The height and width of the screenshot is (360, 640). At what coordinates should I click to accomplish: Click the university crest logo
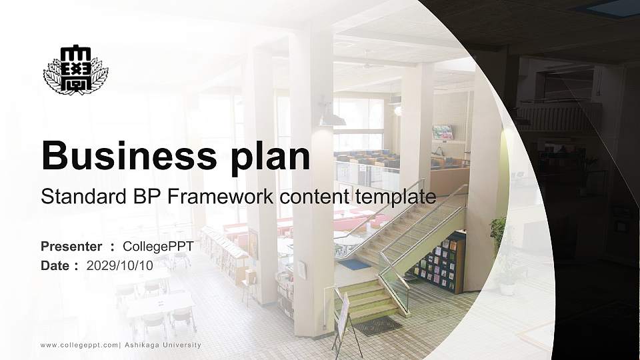pyautogui.click(x=75, y=70)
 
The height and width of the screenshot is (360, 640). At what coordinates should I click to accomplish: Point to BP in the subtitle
pyautogui.click(x=134, y=197)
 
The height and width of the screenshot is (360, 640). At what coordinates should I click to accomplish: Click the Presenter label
pyautogui.click(x=71, y=247)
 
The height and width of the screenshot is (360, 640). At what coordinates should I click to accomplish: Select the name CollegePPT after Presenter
pyautogui.click(x=158, y=247)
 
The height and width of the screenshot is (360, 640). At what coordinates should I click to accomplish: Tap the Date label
pyautogui.click(x=55, y=265)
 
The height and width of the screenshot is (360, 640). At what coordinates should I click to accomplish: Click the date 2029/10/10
pyautogui.click(x=120, y=265)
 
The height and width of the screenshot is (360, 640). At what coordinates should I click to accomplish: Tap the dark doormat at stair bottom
pyautogui.click(x=377, y=325)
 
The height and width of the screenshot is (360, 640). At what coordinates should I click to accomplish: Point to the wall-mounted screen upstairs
pyautogui.click(x=443, y=132)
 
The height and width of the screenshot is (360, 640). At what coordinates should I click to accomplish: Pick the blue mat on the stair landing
pyautogui.click(x=354, y=265)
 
